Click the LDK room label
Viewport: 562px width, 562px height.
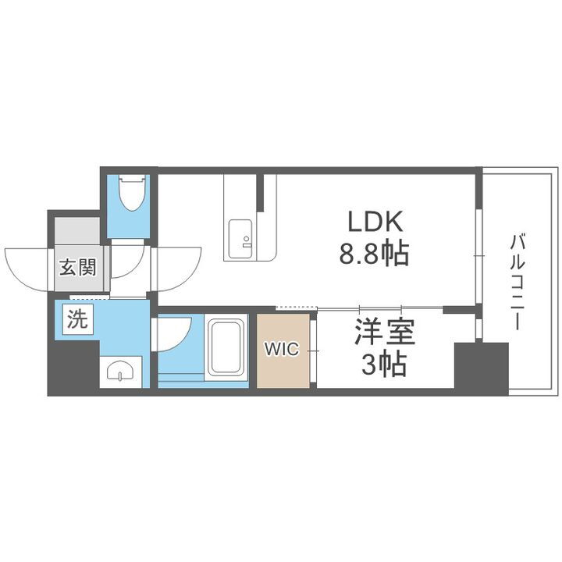click(x=375, y=222)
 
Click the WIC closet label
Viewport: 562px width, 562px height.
click(x=280, y=349)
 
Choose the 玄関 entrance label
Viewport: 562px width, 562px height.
click(x=78, y=269)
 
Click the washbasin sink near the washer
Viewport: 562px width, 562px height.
click(x=120, y=372)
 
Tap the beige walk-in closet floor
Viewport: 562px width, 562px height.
click(x=283, y=367)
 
